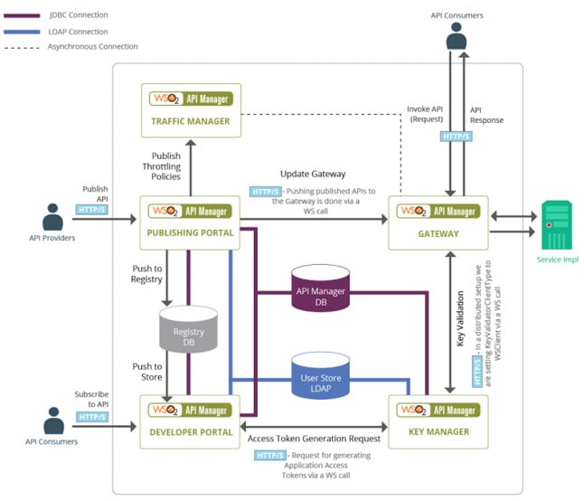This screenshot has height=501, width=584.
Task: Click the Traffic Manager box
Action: coord(191,109)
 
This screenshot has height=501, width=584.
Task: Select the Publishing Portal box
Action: coord(191,222)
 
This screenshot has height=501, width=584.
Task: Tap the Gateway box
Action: coord(438,222)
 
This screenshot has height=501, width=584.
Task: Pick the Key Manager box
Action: coord(438,421)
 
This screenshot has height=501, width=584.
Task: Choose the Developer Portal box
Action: coord(191,421)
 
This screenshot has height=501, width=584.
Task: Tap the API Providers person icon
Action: coord(52,218)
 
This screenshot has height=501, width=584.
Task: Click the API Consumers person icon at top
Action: coord(457,36)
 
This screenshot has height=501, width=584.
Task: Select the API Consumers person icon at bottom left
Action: coord(52,420)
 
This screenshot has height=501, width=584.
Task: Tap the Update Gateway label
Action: coord(313,173)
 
